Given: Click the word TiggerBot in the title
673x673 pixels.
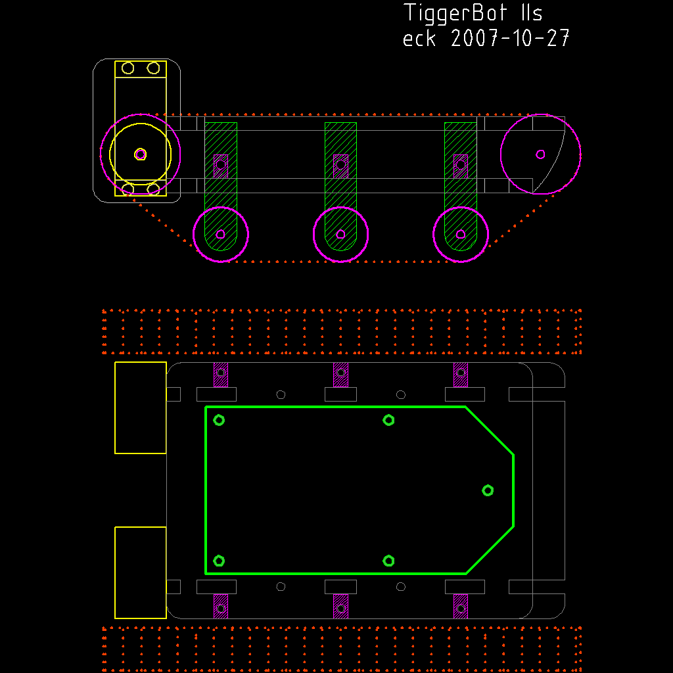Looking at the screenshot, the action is pyautogui.click(x=456, y=14).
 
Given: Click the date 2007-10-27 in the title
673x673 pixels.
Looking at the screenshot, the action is pyautogui.click(x=510, y=38).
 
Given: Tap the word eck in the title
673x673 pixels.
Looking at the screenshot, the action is pyautogui.click(x=419, y=38).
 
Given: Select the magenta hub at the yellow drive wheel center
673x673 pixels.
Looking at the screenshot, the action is pyautogui.click(x=141, y=154).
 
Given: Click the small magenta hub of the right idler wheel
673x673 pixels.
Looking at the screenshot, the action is pyautogui.click(x=540, y=154).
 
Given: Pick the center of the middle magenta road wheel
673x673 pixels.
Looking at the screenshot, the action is pyautogui.click(x=341, y=235).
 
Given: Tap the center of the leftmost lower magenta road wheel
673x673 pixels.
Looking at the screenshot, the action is pyautogui.click(x=221, y=235).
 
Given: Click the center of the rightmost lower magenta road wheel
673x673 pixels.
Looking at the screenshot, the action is pyautogui.click(x=461, y=235).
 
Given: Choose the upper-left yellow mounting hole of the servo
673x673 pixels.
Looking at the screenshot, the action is pyautogui.click(x=128, y=68).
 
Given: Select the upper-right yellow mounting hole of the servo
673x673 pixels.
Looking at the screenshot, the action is pyautogui.click(x=153, y=68).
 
